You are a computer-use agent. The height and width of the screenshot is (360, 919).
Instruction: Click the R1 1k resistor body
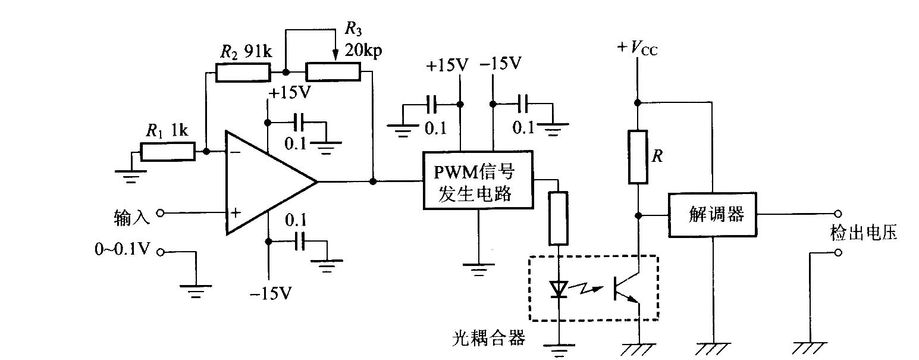[168, 152]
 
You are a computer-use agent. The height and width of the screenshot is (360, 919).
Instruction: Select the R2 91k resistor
[242, 72]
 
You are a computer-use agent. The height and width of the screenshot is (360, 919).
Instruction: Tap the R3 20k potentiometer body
[333, 72]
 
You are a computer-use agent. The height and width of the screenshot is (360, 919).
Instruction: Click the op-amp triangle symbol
[268, 181]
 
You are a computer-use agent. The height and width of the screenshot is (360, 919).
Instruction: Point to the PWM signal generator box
[478, 180]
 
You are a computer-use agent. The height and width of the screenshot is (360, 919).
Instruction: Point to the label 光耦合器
[488, 339]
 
